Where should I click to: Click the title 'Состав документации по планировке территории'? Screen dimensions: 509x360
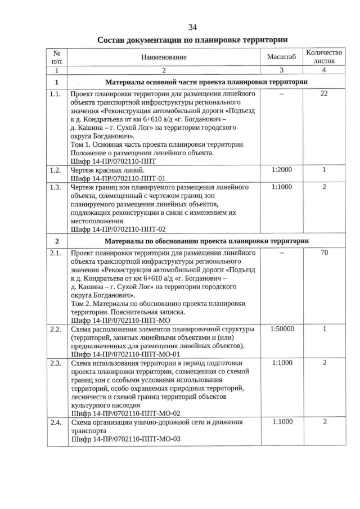192,40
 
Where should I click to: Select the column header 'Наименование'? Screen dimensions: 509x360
164,57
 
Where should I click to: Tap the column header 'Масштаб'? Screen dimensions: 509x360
281,57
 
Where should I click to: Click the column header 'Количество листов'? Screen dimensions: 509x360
324,56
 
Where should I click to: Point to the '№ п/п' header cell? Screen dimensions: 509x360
56,56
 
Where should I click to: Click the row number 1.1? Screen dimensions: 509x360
55,94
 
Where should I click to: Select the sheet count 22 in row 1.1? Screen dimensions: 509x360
324,94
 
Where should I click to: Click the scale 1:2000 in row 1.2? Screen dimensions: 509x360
281,170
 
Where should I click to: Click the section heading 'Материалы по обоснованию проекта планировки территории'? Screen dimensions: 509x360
206,241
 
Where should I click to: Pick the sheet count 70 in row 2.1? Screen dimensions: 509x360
324,253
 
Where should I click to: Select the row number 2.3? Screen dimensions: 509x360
55,363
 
